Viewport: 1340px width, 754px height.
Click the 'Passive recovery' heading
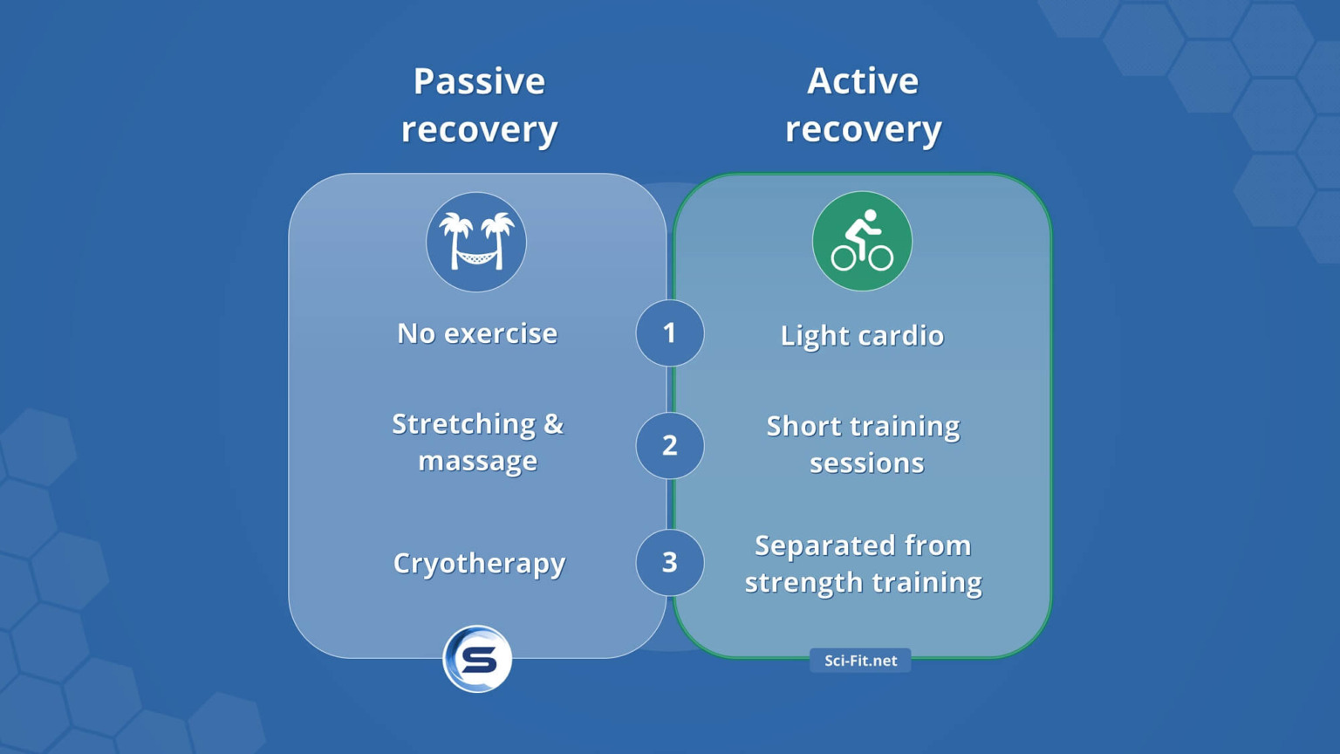(x=479, y=105)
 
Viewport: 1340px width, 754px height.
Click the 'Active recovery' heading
(x=863, y=105)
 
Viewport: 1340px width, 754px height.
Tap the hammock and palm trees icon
(x=476, y=242)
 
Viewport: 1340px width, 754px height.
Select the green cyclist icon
(x=862, y=242)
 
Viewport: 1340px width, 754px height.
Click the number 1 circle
(x=669, y=332)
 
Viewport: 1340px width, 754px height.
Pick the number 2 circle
(x=669, y=445)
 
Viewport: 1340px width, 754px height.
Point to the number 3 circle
(x=669, y=562)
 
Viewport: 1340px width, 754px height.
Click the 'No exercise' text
(x=476, y=333)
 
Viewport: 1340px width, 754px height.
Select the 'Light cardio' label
(x=862, y=336)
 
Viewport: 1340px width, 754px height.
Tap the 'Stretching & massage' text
(x=477, y=442)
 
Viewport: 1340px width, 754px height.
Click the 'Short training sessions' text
(x=864, y=444)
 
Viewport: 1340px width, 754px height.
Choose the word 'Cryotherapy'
(x=479, y=564)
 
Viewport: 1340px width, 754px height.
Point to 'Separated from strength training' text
(x=863, y=564)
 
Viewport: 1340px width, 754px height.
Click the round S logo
(x=477, y=659)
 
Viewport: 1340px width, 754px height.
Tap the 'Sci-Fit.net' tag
(x=860, y=661)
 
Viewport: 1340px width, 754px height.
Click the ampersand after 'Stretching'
(x=553, y=424)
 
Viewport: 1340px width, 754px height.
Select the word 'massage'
(x=477, y=461)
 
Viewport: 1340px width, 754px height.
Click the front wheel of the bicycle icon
(x=881, y=258)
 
